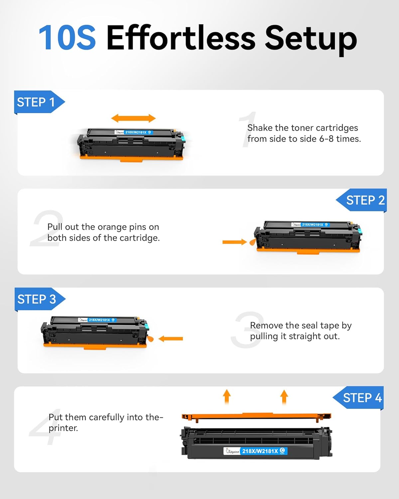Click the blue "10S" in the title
(67, 37)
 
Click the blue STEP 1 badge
(37, 102)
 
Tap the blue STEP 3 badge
(37, 299)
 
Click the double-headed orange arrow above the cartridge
(133, 118)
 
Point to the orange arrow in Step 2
(234, 242)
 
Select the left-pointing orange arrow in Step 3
(171, 339)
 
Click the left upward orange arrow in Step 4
(227, 396)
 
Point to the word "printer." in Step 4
(63, 428)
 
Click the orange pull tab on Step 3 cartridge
(150, 339)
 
